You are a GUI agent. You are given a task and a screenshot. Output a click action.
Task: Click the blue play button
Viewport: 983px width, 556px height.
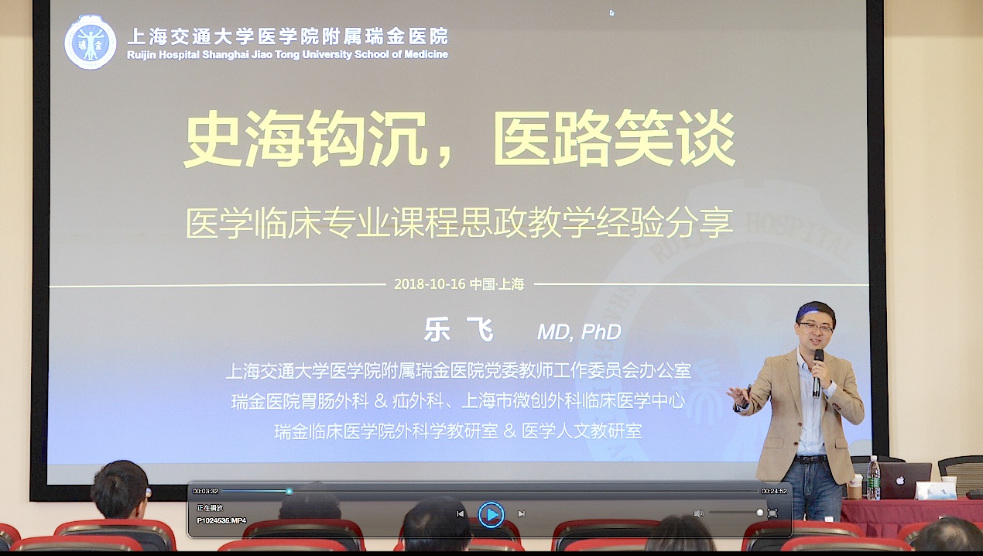tap(491, 514)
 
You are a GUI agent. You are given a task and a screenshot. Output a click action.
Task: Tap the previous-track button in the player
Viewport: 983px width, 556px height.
tap(460, 514)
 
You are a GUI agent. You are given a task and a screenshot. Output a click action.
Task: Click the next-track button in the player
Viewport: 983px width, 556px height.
tap(522, 514)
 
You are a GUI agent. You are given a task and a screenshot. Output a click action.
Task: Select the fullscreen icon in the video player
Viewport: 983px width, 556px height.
tap(772, 513)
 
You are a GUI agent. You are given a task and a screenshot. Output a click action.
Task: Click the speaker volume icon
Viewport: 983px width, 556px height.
tap(699, 513)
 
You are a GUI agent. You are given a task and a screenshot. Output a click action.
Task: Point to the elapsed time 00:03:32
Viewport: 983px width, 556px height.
tap(205, 491)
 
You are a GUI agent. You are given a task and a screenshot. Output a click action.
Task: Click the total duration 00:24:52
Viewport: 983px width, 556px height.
tap(774, 491)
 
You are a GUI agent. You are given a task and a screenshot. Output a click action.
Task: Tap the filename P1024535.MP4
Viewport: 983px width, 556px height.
tap(221, 521)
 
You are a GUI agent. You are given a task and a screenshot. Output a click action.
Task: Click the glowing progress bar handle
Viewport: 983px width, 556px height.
tap(289, 491)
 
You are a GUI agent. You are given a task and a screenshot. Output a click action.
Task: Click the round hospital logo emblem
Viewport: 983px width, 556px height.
tap(91, 43)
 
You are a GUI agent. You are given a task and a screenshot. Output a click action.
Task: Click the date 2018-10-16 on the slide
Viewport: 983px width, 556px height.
tap(429, 284)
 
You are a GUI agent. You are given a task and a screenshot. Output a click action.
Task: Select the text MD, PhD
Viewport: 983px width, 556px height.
tap(579, 332)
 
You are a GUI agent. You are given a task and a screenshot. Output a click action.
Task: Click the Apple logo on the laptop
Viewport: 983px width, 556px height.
tap(900, 480)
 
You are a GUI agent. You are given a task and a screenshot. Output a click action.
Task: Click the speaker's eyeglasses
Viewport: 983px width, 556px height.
tap(815, 328)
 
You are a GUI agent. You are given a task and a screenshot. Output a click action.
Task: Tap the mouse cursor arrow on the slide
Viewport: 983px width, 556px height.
tap(611, 12)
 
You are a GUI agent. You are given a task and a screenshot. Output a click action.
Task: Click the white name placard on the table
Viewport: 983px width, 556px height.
tap(935, 490)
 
